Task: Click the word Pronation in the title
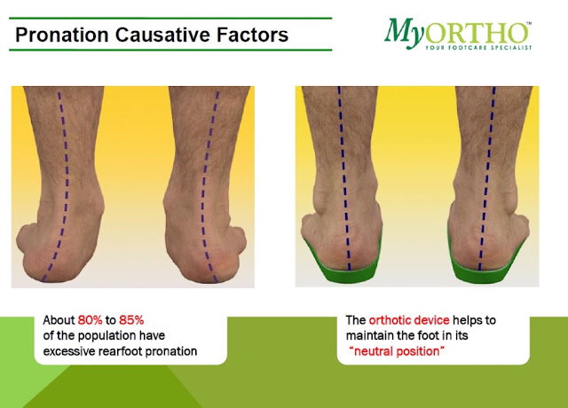click(62, 35)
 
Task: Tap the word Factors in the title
click(252, 35)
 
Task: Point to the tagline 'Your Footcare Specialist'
click(478, 47)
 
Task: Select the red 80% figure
click(91, 320)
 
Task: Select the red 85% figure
click(131, 320)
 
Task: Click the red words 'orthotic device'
click(409, 320)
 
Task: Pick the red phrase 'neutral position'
click(397, 351)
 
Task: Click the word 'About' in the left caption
click(59, 320)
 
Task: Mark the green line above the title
click(170, 18)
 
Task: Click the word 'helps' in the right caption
click(469, 320)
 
